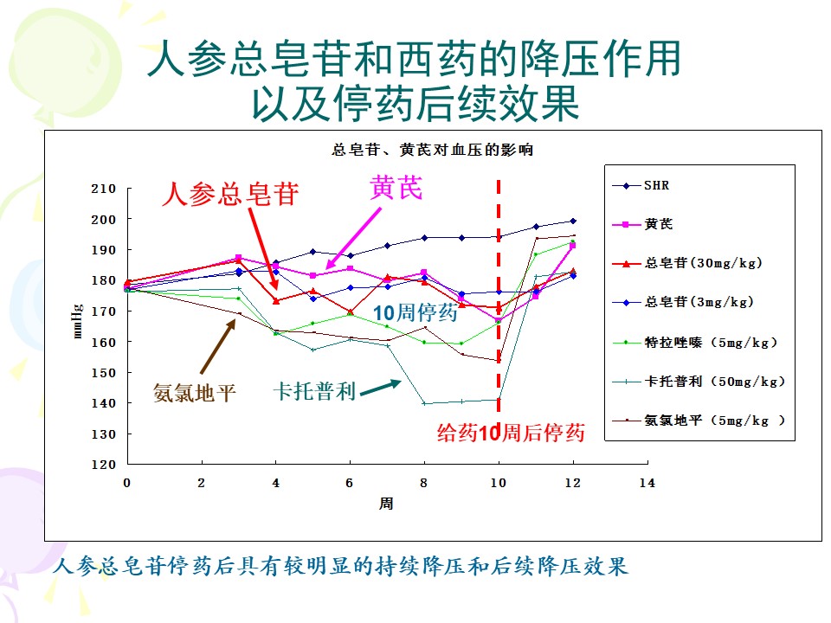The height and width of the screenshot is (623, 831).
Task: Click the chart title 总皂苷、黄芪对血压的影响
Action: [433, 150]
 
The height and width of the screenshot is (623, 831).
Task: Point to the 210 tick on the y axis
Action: [103, 189]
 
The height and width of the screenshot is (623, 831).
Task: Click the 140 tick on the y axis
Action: [103, 403]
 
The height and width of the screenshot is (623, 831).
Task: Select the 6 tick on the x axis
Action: [350, 481]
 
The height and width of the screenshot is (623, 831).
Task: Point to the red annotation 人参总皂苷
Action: [230, 194]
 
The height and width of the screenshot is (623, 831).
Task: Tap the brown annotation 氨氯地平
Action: [195, 393]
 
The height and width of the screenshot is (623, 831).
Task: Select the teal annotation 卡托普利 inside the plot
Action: [315, 391]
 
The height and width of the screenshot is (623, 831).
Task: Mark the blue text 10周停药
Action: [415, 313]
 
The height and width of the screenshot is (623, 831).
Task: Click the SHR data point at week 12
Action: [572, 221]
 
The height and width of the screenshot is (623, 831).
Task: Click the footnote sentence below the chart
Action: [339, 568]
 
